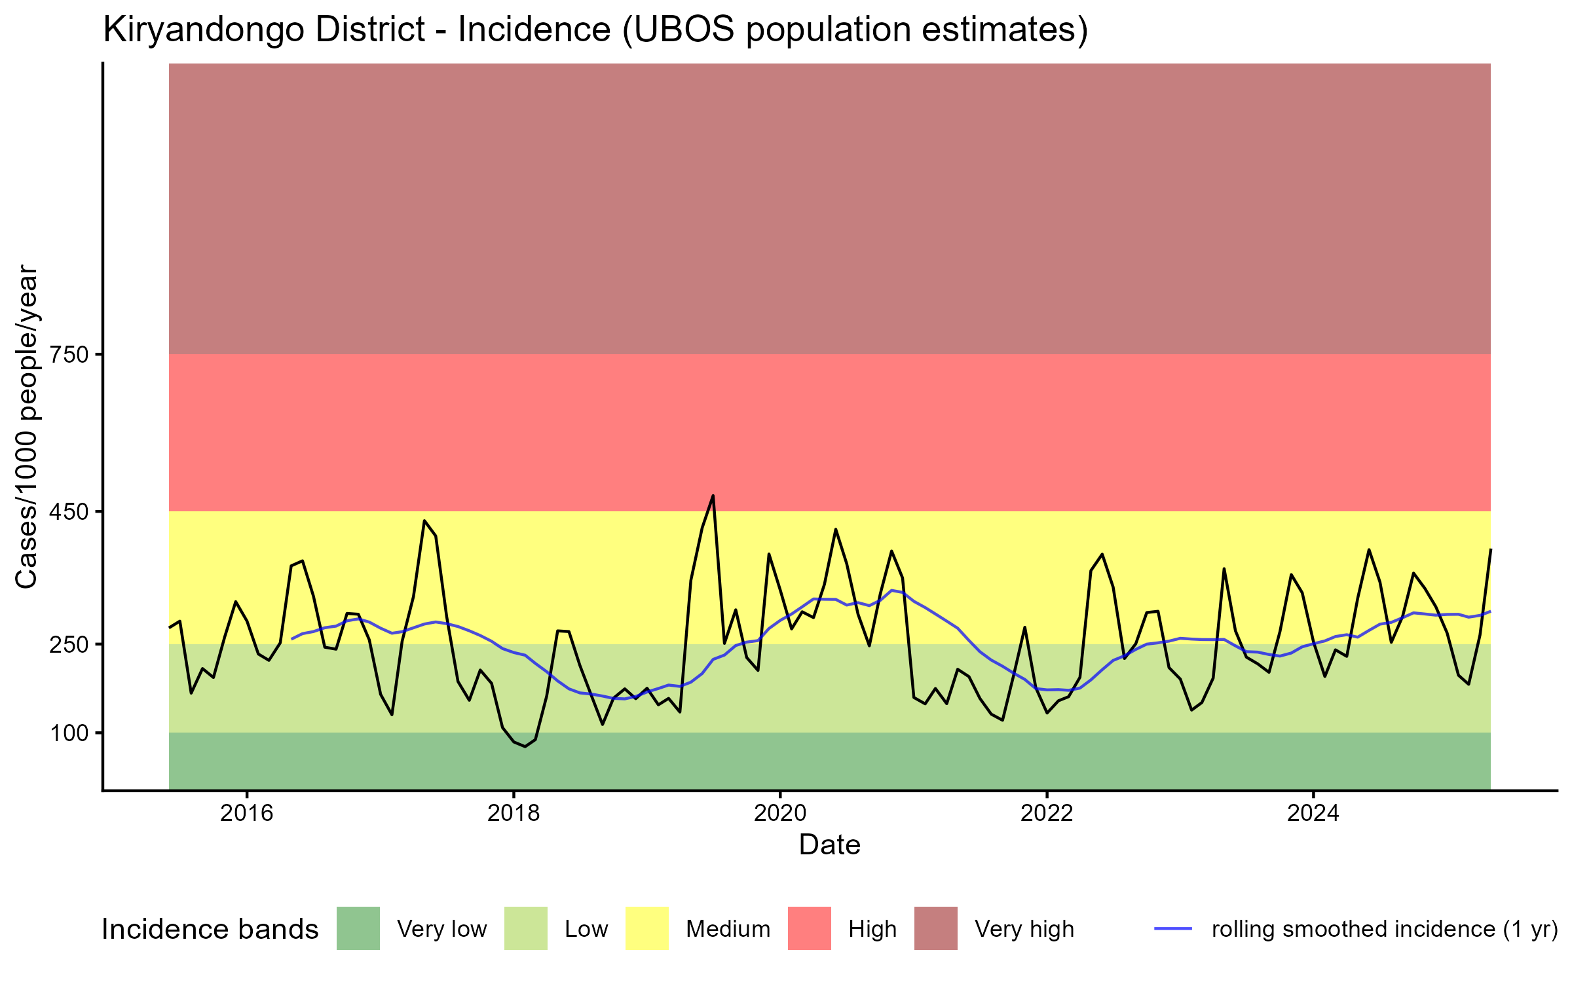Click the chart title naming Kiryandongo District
[595, 31]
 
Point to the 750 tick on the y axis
[69, 355]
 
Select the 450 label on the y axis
[69, 511]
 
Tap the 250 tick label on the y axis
[69, 644]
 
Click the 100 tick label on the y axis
[69, 733]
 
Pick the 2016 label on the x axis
[246, 813]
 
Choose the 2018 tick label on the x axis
[514, 813]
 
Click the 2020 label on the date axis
[780, 813]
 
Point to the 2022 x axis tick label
[1047, 813]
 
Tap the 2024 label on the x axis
[1313, 813]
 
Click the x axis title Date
[829, 845]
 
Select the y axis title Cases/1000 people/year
[28, 426]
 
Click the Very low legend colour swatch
[358, 928]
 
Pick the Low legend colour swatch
[526, 928]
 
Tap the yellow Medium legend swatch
[647, 928]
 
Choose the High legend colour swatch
[810, 928]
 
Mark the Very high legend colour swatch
[936, 928]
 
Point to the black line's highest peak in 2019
[713, 496]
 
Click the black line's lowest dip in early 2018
[525, 746]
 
